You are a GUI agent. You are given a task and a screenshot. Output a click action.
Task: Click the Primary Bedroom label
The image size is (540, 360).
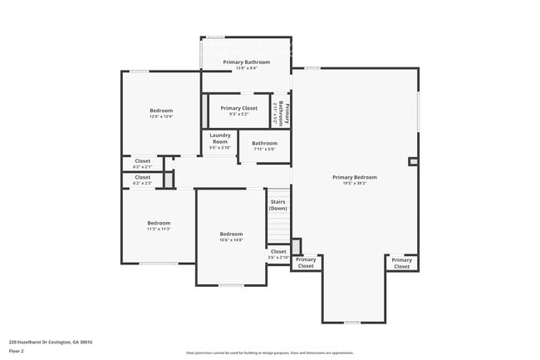355,177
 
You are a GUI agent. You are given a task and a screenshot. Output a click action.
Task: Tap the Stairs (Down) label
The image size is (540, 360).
277,205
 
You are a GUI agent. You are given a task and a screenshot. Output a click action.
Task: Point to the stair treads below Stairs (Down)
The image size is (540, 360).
277,229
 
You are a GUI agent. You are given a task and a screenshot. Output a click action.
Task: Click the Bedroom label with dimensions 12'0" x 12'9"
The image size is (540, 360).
161,111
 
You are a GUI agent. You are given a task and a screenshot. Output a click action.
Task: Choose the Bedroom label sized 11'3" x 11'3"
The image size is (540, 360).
159,223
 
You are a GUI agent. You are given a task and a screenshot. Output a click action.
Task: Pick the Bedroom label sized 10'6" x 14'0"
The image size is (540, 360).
231,234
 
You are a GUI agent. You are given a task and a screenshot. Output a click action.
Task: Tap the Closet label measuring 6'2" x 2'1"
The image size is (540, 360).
143,161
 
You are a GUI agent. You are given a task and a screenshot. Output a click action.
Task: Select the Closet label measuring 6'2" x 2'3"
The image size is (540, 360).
143,177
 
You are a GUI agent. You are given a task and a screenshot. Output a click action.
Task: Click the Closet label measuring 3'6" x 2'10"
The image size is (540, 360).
278,251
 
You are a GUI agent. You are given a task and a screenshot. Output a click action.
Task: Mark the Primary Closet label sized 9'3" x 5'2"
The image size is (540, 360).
238,108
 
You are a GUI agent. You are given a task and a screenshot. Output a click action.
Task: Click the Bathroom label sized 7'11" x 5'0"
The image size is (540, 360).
258,143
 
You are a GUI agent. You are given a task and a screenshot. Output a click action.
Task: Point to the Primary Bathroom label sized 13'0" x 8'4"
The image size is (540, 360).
246,62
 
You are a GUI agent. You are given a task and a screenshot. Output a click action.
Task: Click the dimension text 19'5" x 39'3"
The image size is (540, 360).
355,184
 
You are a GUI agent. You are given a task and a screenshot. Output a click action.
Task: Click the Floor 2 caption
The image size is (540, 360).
17,351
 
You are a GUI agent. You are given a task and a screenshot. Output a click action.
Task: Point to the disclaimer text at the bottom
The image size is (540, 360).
269,353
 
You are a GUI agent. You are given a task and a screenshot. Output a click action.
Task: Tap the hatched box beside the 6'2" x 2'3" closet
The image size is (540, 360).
168,180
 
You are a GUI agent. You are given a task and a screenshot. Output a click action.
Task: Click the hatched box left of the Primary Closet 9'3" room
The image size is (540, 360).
204,111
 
